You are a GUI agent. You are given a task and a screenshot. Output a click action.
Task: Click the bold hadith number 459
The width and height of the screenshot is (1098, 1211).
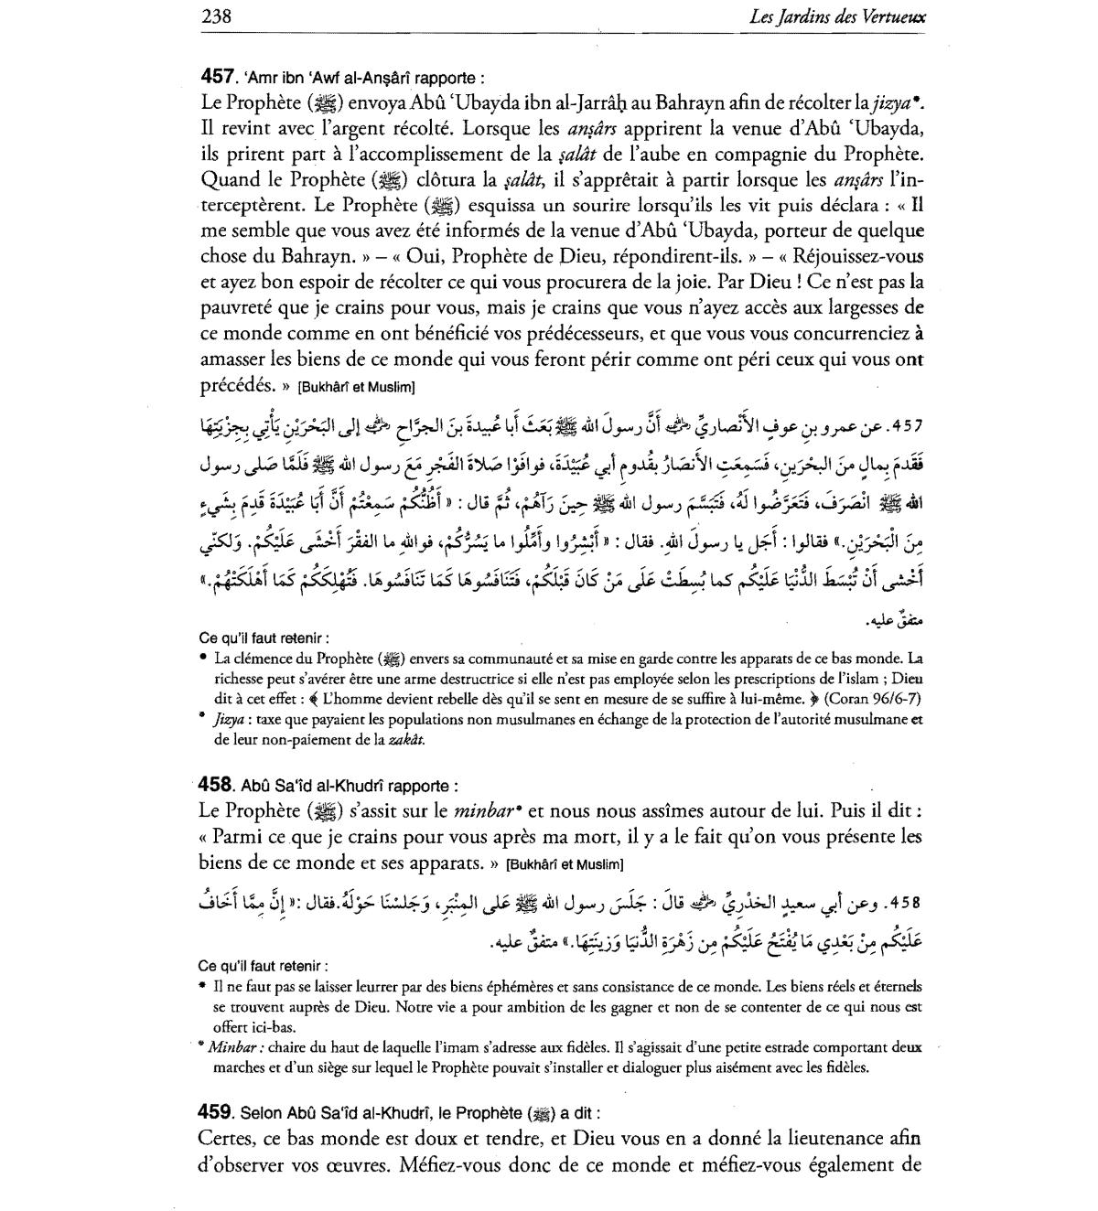pyautogui.click(x=216, y=1112)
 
